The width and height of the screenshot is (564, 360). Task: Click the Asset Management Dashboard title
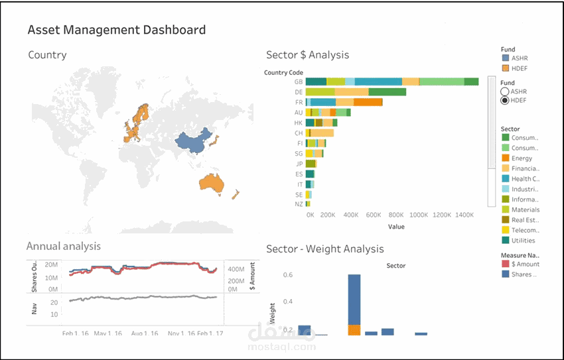pyautogui.click(x=117, y=30)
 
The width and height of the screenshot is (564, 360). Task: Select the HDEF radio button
pyautogui.click(x=505, y=100)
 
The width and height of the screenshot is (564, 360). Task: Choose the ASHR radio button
pyautogui.click(x=505, y=91)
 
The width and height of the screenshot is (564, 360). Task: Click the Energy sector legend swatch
pyautogui.click(x=505, y=158)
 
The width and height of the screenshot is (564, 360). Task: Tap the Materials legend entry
pyautogui.click(x=524, y=210)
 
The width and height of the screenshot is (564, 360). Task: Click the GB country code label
pyautogui.click(x=299, y=82)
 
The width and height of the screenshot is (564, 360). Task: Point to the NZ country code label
pyautogui.click(x=299, y=204)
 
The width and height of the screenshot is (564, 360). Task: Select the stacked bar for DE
pyautogui.click(x=355, y=92)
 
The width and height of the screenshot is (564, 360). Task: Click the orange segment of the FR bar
pyautogui.click(x=368, y=102)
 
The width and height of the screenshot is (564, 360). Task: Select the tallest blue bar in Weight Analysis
pyautogui.click(x=354, y=298)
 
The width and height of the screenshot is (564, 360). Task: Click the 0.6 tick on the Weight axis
pyautogui.click(x=288, y=274)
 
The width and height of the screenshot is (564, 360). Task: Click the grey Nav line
pyautogui.click(x=146, y=298)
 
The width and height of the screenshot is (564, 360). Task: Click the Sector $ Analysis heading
pyautogui.click(x=307, y=55)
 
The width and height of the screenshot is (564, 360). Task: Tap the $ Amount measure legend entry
pyautogui.click(x=524, y=265)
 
